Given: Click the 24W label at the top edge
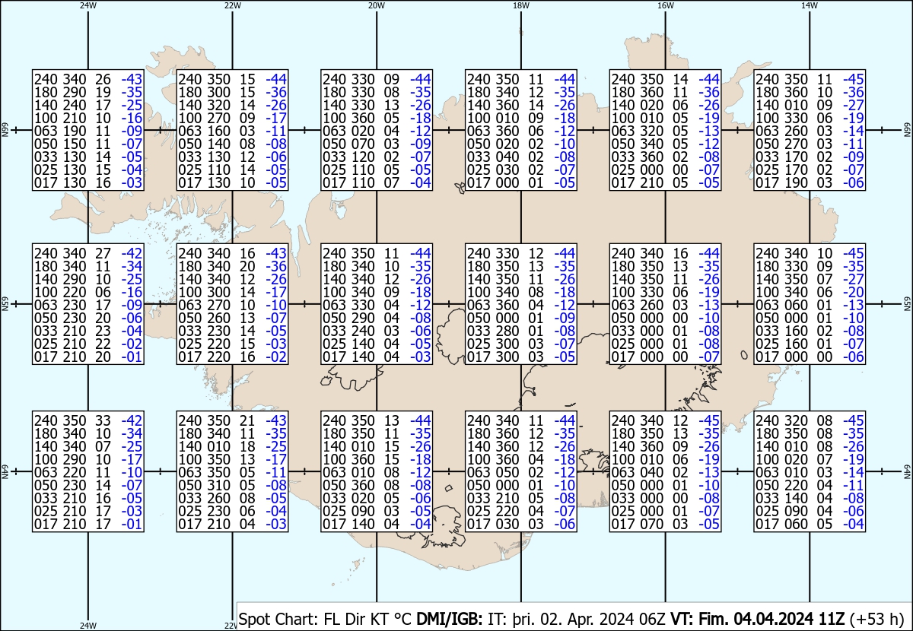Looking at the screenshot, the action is pos(88,5).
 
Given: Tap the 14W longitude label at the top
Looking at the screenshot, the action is pos(810,5).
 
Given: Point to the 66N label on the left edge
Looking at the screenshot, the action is pos(5,130).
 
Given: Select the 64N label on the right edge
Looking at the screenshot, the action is pos(907,471).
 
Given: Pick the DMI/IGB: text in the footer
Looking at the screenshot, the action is pos(449,619).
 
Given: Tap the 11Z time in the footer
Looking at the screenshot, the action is pos(832,619).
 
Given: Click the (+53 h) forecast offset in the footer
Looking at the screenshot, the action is pos(877,619).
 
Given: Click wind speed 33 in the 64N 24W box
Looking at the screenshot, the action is pos(103,420).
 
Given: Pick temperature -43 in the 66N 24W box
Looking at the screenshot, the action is pos(132,79).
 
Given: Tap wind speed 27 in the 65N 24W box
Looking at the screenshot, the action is pos(103,253).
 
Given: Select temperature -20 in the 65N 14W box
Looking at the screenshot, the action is pos(854,292).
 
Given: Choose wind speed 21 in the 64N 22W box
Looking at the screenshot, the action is pos(247,420).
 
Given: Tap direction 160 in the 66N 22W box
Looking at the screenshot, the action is pos(218,131).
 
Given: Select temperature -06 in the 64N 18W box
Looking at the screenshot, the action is pos(565,524).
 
